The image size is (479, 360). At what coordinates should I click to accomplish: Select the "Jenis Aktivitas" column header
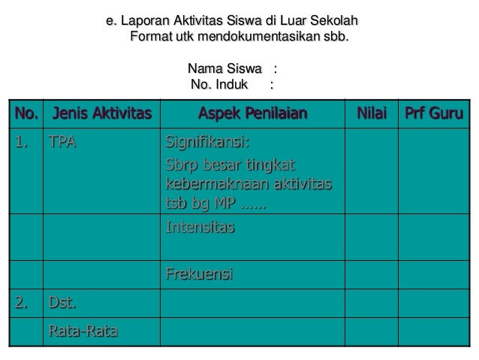[x=101, y=114]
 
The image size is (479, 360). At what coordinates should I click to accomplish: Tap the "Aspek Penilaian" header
[x=253, y=114]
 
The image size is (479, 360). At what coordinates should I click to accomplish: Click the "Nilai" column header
[x=371, y=114]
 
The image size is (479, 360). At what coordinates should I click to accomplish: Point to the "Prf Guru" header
[x=433, y=114]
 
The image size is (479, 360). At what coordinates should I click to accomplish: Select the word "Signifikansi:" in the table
[x=207, y=143]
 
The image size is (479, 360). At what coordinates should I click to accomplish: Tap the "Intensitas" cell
[x=199, y=226]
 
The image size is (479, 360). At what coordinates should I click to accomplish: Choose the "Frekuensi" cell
[x=199, y=276]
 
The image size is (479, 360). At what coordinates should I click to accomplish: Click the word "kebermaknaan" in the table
[x=203, y=184]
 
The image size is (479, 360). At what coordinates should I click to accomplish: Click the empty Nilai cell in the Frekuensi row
[x=371, y=276]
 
